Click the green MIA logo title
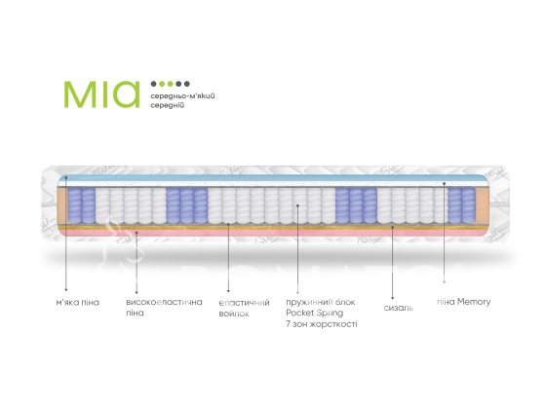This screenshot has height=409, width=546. (101, 93)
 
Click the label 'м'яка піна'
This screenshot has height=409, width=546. (78, 302)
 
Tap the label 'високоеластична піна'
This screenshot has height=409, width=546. (164, 307)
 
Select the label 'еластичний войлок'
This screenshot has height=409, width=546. (244, 308)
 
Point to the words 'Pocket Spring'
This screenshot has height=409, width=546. (314, 313)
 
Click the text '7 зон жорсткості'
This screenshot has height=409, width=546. (322, 324)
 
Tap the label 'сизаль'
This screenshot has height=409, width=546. (399, 308)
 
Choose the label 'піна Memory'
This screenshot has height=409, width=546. (464, 302)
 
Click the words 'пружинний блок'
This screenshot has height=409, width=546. (321, 302)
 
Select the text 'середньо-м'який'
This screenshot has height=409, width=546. (182, 96)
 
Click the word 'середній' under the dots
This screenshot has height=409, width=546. (167, 105)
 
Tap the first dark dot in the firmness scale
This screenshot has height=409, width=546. (154, 84)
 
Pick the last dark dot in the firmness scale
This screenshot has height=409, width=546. (187, 84)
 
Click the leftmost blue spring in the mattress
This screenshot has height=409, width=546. (74, 205)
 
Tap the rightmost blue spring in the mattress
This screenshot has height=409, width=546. (468, 205)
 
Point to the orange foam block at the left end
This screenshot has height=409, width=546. (62, 205)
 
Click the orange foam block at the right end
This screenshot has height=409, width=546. (483, 205)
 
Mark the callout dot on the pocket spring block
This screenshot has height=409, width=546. (297, 205)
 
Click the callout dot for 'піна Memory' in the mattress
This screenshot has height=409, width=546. (444, 183)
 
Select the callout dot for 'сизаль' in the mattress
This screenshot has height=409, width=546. (392, 227)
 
